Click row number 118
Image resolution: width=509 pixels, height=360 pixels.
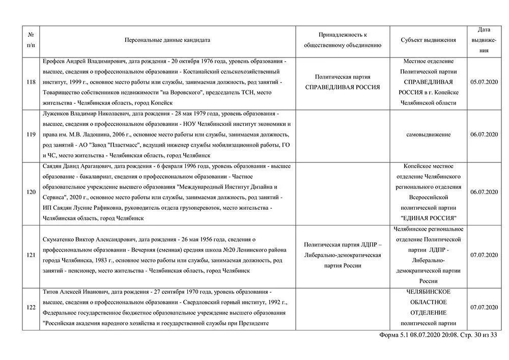pyautogui.click(x=31, y=81)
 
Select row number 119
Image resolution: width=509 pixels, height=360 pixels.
pyautogui.click(x=31, y=134)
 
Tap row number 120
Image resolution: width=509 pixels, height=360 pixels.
pyautogui.click(x=31, y=192)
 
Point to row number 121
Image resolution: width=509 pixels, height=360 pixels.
pyautogui.click(x=31, y=255)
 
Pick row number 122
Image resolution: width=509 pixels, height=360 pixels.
pyautogui.click(x=31, y=308)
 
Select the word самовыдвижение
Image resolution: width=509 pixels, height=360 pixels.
pyautogui.click(x=428, y=134)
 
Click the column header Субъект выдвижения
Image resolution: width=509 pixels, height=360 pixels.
pyautogui.click(x=428, y=40)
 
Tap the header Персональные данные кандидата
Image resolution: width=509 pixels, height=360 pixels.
pyautogui.click(x=167, y=40)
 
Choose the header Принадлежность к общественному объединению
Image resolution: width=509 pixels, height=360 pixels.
pyautogui.click(x=343, y=40)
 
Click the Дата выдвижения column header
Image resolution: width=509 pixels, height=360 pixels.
pyautogui.click(x=484, y=40)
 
